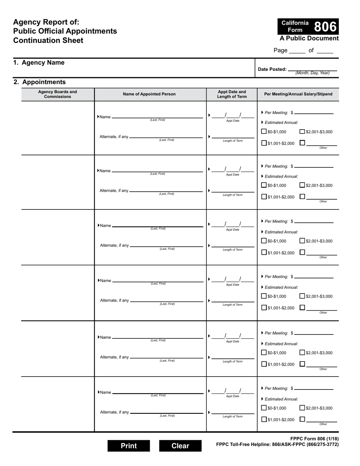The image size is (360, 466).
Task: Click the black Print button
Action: point(128,446)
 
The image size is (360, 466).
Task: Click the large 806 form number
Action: point(325,27)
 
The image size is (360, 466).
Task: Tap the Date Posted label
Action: point(272,69)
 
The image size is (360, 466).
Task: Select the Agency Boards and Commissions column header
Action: point(58,94)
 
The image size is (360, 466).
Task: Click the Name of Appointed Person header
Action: point(149,94)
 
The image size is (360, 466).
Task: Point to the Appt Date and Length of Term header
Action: point(232,94)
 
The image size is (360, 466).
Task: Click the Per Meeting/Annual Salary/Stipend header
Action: point(298,94)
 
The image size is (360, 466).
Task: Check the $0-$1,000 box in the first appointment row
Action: point(264,131)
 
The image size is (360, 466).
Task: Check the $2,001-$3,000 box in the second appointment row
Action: point(302,185)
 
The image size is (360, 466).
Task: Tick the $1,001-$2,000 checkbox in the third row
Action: point(264,253)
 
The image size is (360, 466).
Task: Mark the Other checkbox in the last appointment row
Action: point(302,419)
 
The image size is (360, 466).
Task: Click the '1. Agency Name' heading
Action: point(39,63)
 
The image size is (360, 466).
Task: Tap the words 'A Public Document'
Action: point(309,38)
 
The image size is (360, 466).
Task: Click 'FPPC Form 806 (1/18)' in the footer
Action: point(315,439)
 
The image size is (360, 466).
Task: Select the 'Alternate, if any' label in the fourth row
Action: point(114,300)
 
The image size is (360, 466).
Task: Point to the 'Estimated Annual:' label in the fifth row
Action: point(281,344)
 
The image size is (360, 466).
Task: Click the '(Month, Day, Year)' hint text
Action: point(312,73)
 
